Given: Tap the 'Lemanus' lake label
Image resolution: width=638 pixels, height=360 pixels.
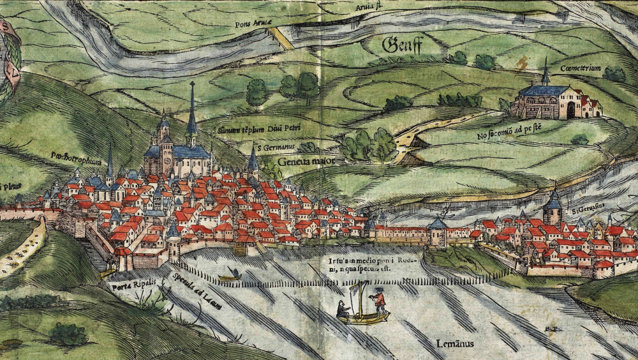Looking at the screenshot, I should (456, 344).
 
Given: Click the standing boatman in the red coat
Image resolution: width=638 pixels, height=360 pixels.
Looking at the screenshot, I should (379, 300).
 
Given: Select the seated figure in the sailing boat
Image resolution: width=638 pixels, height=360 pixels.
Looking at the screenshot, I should (344, 310).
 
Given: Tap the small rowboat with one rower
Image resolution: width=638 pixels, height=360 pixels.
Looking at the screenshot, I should (230, 276).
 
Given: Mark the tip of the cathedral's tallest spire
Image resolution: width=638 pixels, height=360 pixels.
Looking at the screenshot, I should (191, 83).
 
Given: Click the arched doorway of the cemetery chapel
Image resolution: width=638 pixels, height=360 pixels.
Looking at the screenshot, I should (570, 110).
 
